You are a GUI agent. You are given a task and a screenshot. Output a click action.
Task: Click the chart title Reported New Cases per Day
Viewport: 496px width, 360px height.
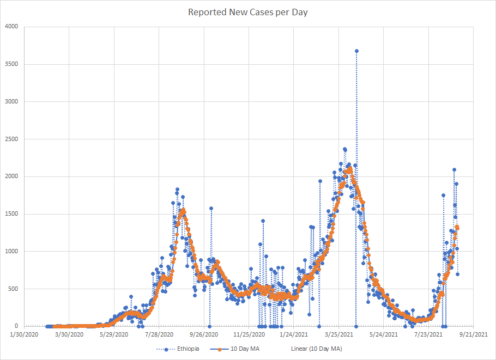(248, 12)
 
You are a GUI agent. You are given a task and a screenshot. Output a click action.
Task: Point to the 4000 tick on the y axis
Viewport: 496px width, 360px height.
(11, 27)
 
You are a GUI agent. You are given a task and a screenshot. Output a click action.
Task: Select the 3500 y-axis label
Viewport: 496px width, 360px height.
(11, 64)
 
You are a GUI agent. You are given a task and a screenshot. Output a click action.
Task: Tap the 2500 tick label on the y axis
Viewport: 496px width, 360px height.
(11, 139)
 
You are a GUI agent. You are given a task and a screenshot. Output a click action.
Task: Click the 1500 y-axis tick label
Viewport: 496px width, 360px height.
(11, 214)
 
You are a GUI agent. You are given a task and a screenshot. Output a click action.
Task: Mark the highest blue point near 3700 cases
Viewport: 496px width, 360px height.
(356, 51)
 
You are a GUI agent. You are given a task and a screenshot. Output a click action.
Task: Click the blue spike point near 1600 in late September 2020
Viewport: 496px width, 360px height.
(211, 208)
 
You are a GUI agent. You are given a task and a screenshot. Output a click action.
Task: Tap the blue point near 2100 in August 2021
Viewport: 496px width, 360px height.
(454, 169)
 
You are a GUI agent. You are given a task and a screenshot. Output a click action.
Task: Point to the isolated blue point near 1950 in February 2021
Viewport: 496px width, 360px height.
(320, 181)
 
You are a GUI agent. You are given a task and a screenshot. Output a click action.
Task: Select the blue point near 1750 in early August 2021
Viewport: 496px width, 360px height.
(443, 195)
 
